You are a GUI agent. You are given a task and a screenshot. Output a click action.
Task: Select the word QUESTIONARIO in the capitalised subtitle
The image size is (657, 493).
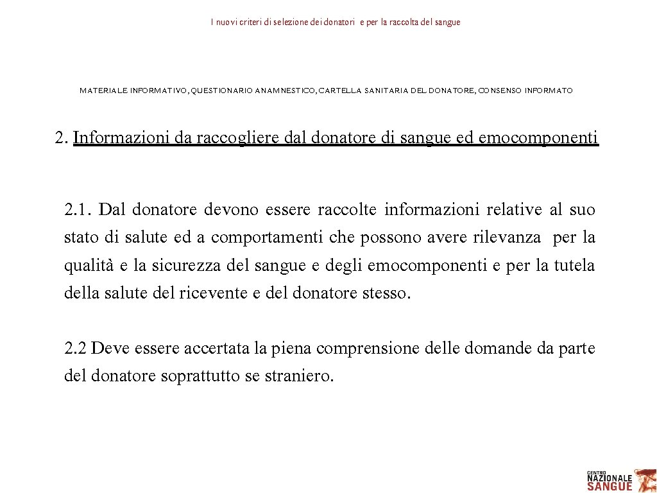coord(221,91)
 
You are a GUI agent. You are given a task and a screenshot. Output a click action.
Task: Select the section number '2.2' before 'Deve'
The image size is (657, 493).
coord(76,349)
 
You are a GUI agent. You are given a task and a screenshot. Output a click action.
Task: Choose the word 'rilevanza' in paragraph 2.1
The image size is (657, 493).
coord(507,238)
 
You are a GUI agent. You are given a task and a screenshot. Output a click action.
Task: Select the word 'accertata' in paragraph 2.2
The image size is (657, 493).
coord(217,349)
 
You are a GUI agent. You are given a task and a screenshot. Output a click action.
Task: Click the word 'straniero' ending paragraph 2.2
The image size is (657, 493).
coord(299,377)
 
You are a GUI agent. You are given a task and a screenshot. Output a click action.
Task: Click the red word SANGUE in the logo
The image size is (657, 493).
coord(610,486)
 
